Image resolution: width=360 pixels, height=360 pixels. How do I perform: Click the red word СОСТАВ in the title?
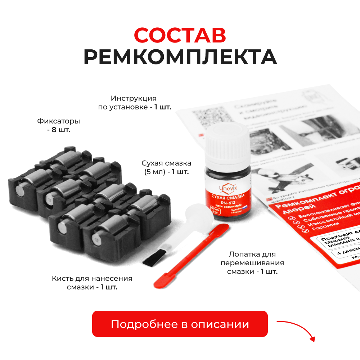[x=180, y=35]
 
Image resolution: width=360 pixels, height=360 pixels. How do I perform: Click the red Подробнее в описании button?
[x=180, y=324]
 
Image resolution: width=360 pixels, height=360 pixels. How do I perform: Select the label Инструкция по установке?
[x=134, y=103]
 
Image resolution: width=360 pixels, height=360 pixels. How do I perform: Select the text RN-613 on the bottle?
[x=228, y=203]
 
